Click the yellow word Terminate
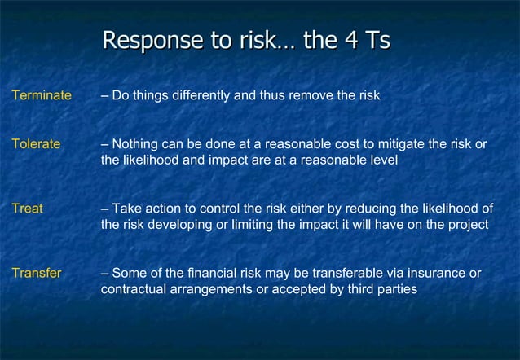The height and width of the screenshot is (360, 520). (42, 96)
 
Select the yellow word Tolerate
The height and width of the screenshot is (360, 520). (36, 144)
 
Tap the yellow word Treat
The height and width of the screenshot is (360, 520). (27, 209)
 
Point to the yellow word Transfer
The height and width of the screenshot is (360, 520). (36, 273)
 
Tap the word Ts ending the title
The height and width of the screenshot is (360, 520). (377, 41)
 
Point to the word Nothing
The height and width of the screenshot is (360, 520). (135, 144)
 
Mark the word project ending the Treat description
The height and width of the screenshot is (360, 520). (468, 225)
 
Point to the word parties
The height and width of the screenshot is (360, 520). (395, 289)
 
